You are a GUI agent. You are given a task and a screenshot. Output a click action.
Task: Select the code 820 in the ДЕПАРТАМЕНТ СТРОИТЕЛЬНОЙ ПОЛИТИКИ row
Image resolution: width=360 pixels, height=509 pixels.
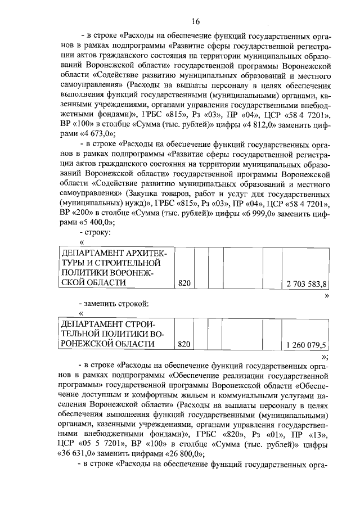click(184, 345)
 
